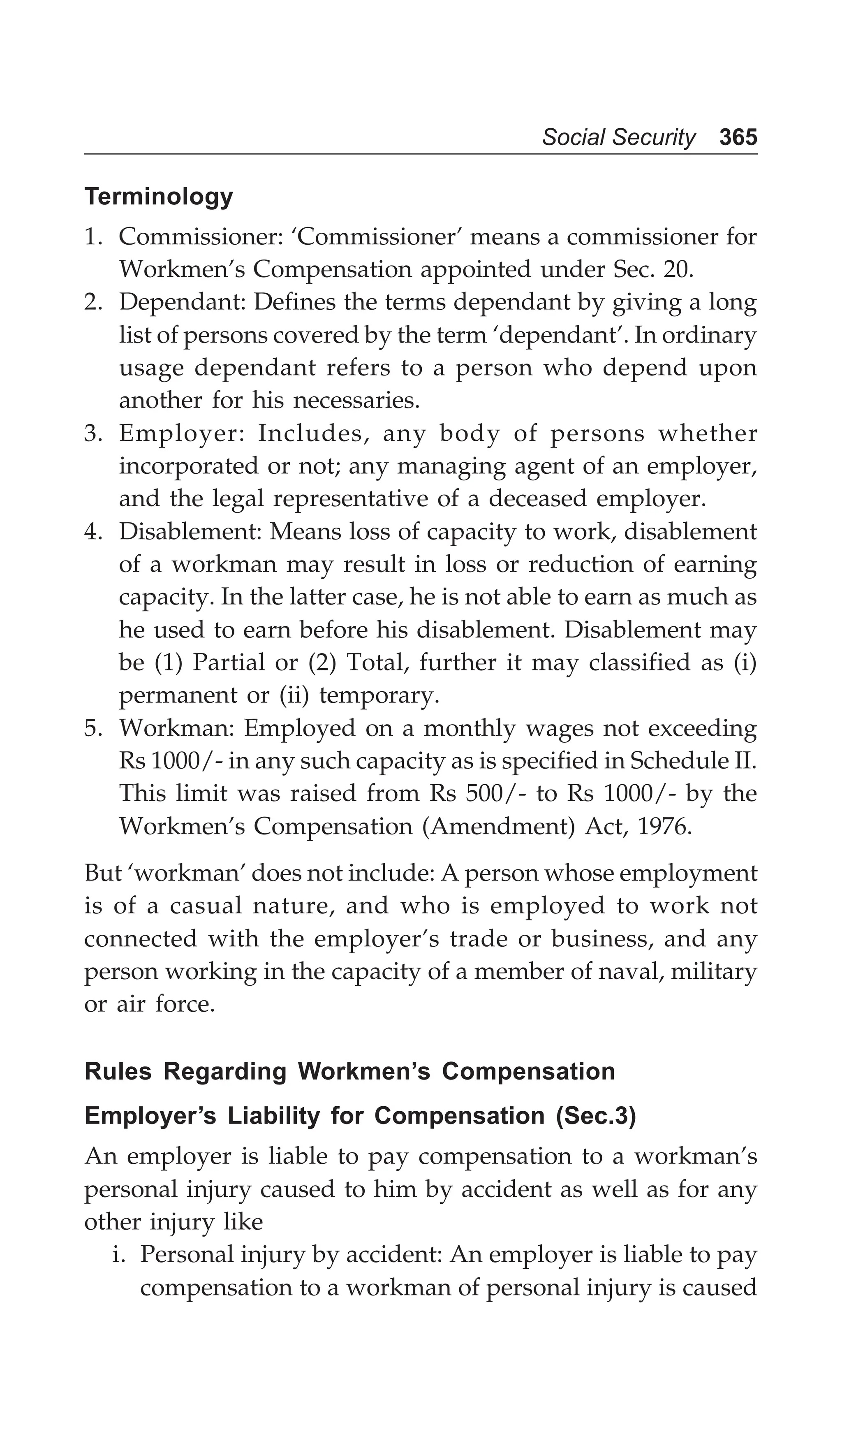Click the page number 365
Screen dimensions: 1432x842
(x=738, y=137)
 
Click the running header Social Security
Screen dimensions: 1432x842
(x=618, y=137)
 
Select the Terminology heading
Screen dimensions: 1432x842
(x=159, y=197)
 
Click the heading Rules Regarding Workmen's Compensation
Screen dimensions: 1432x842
(x=349, y=1071)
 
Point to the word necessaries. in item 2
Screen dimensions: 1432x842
(x=356, y=401)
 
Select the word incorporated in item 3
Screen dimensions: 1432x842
(x=188, y=466)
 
